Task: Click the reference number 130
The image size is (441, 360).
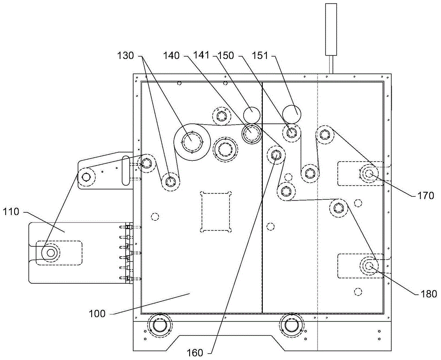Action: coord(127,56)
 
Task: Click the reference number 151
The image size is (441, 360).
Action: coord(262,56)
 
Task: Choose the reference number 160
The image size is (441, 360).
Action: coord(195,353)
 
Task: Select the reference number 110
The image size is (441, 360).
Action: coord(10,212)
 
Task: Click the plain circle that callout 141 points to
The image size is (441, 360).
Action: coord(252,114)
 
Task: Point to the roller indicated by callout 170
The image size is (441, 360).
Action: coord(369,174)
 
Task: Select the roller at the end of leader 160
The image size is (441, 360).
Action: coord(277,155)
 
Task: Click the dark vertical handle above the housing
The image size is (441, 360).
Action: coord(331,30)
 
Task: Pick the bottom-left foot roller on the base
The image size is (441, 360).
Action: coord(159,326)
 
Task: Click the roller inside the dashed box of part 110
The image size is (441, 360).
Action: coord(50,252)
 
